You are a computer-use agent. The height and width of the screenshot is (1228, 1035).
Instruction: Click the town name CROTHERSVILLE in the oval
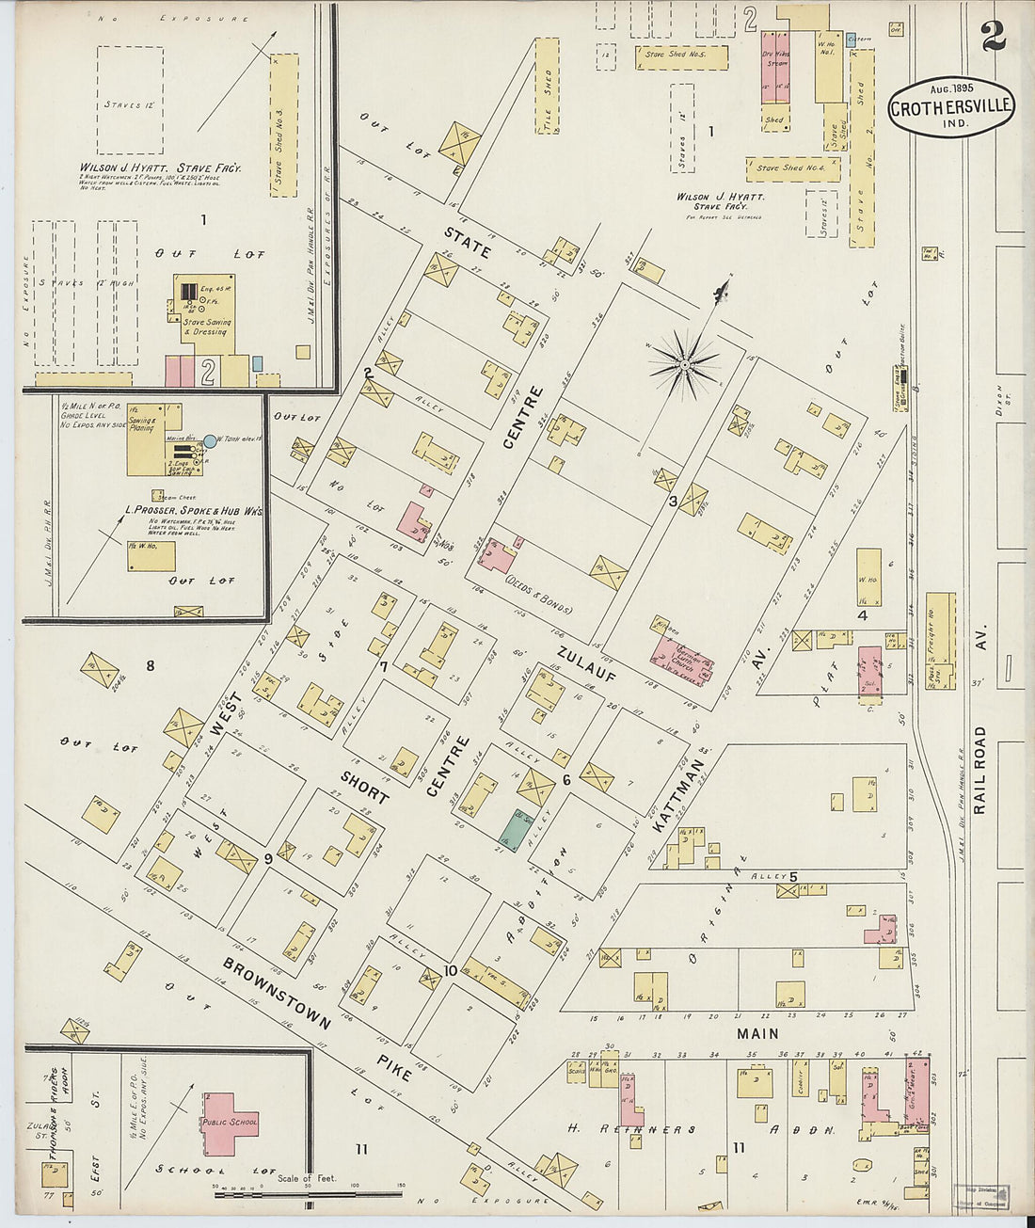(x=951, y=107)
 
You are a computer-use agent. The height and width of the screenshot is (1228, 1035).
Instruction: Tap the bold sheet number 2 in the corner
(x=993, y=39)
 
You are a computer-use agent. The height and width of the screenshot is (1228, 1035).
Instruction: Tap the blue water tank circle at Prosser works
(x=209, y=440)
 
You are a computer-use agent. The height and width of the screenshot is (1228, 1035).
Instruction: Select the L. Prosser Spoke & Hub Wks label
(x=194, y=511)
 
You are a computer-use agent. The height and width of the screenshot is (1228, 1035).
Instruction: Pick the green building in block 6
(x=513, y=831)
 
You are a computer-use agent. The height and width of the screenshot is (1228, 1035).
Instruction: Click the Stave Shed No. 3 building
(x=283, y=124)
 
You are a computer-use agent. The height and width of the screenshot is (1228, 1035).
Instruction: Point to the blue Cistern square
(x=851, y=39)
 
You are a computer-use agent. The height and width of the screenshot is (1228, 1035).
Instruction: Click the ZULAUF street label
(x=585, y=662)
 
